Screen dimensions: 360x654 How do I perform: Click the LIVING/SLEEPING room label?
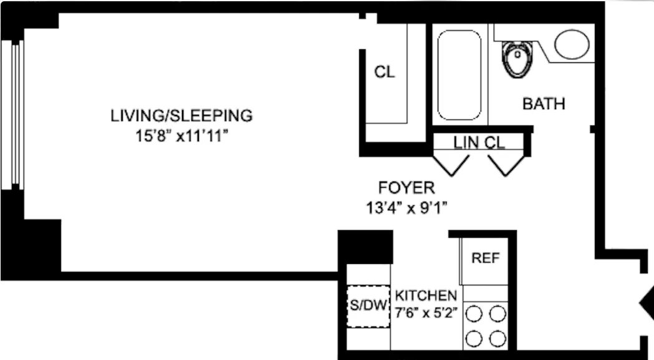(181, 115)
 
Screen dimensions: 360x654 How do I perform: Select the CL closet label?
(384, 72)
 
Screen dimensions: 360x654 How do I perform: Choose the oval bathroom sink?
(572, 44)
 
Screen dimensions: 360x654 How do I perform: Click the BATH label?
(543, 104)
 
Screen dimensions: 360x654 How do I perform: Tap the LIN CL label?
(479, 142)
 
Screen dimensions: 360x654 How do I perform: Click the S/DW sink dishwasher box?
(367, 306)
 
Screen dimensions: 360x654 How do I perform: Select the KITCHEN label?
(427, 295)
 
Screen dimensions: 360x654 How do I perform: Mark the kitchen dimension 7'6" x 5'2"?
(427, 314)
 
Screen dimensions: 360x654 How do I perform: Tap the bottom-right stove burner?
(498, 338)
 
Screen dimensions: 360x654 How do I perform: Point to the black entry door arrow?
(646, 304)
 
